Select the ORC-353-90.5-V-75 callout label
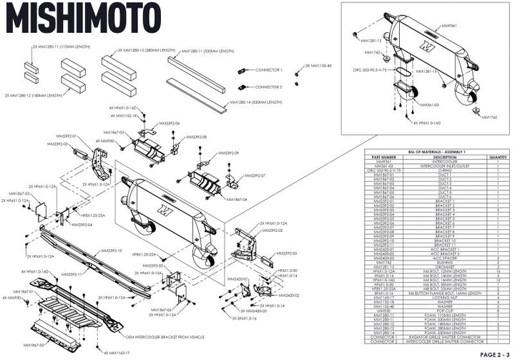(x=374, y=71)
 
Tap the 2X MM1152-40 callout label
(x=319, y=65)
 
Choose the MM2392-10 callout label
(x=112, y=251)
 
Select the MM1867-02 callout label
(x=36, y=345)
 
